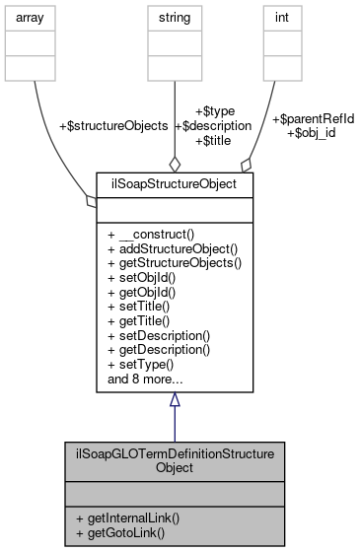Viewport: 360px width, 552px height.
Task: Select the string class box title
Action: pyautogui.click(x=176, y=17)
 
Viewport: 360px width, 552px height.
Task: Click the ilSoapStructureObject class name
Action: pyautogui.click(x=175, y=183)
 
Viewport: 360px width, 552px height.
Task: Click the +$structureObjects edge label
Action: pyautogui.click(x=113, y=126)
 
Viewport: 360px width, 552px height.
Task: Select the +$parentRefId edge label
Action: pyautogui.click(x=313, y=118)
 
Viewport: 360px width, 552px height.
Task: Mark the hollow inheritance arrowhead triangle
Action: pyautogui.click(x=175, y=399)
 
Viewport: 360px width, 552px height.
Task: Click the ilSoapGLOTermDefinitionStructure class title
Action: pyautogui.click(x=175, y=457)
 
